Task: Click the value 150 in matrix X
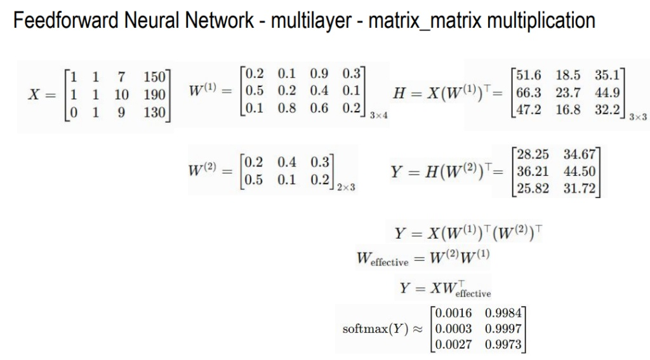pos(154,77)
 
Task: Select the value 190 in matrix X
pos(154,95)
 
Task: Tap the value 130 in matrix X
pos(154,113)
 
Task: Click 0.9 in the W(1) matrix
pos(319,74)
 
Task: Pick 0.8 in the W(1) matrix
pos(286,108)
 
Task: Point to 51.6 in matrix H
pos(529,75)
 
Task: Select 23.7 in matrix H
pos(568,93)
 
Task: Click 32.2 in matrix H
pos(607,109)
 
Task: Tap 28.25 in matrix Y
pos(533,154)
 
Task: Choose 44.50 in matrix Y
pos(579,171)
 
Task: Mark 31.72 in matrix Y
pos(579,189)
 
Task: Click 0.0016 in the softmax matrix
pos(453,313)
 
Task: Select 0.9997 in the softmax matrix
pos(503,328)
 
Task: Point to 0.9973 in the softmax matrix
pos(503,344)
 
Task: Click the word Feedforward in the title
pos(66,20)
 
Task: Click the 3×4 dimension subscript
pos(379,116)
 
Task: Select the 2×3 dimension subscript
pos(346,187)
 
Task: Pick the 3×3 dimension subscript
pos(638,117)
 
